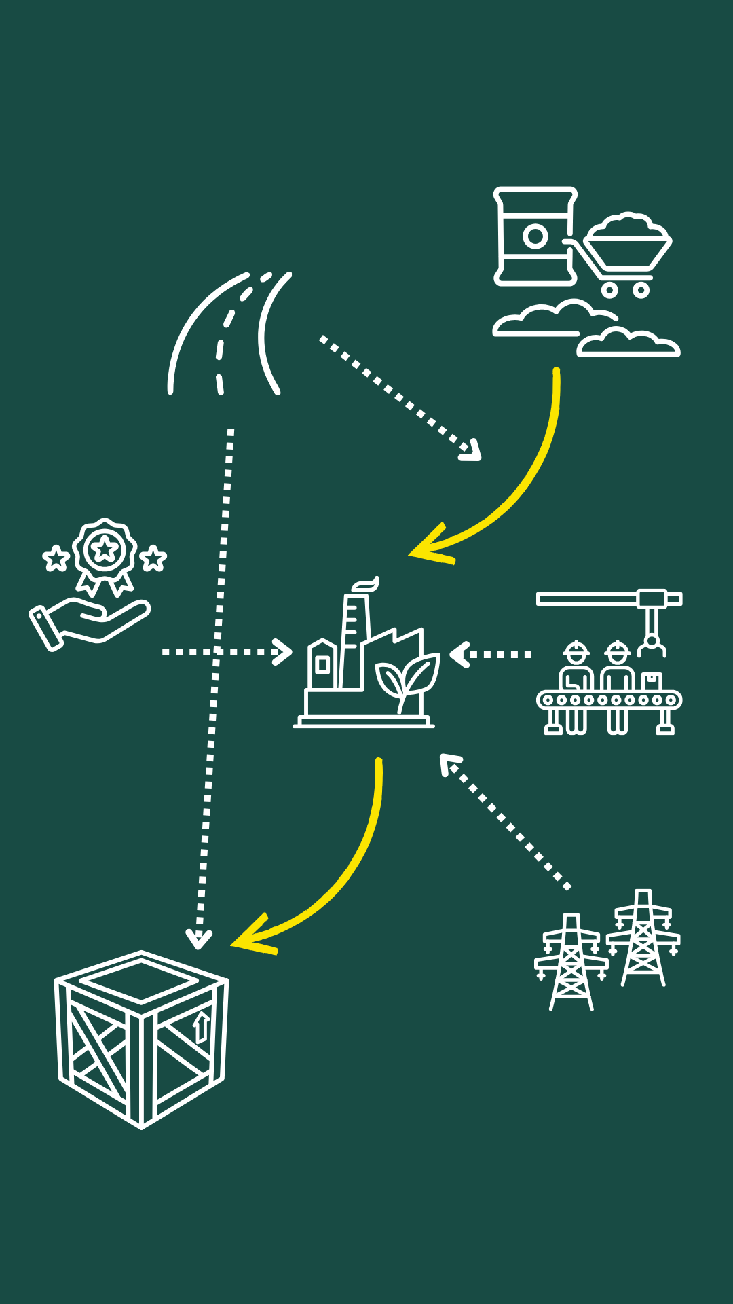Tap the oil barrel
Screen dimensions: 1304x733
(535, 236)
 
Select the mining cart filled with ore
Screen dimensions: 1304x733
(626, 248)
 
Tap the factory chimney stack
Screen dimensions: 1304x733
(354, 638)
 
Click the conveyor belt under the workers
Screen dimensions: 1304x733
(609, 700)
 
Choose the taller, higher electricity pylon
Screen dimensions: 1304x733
(643, 937)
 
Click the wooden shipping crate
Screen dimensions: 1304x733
(141, 1039)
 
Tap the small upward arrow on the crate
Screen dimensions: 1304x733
(201, 1027)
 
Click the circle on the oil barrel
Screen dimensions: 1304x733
(535, 236)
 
